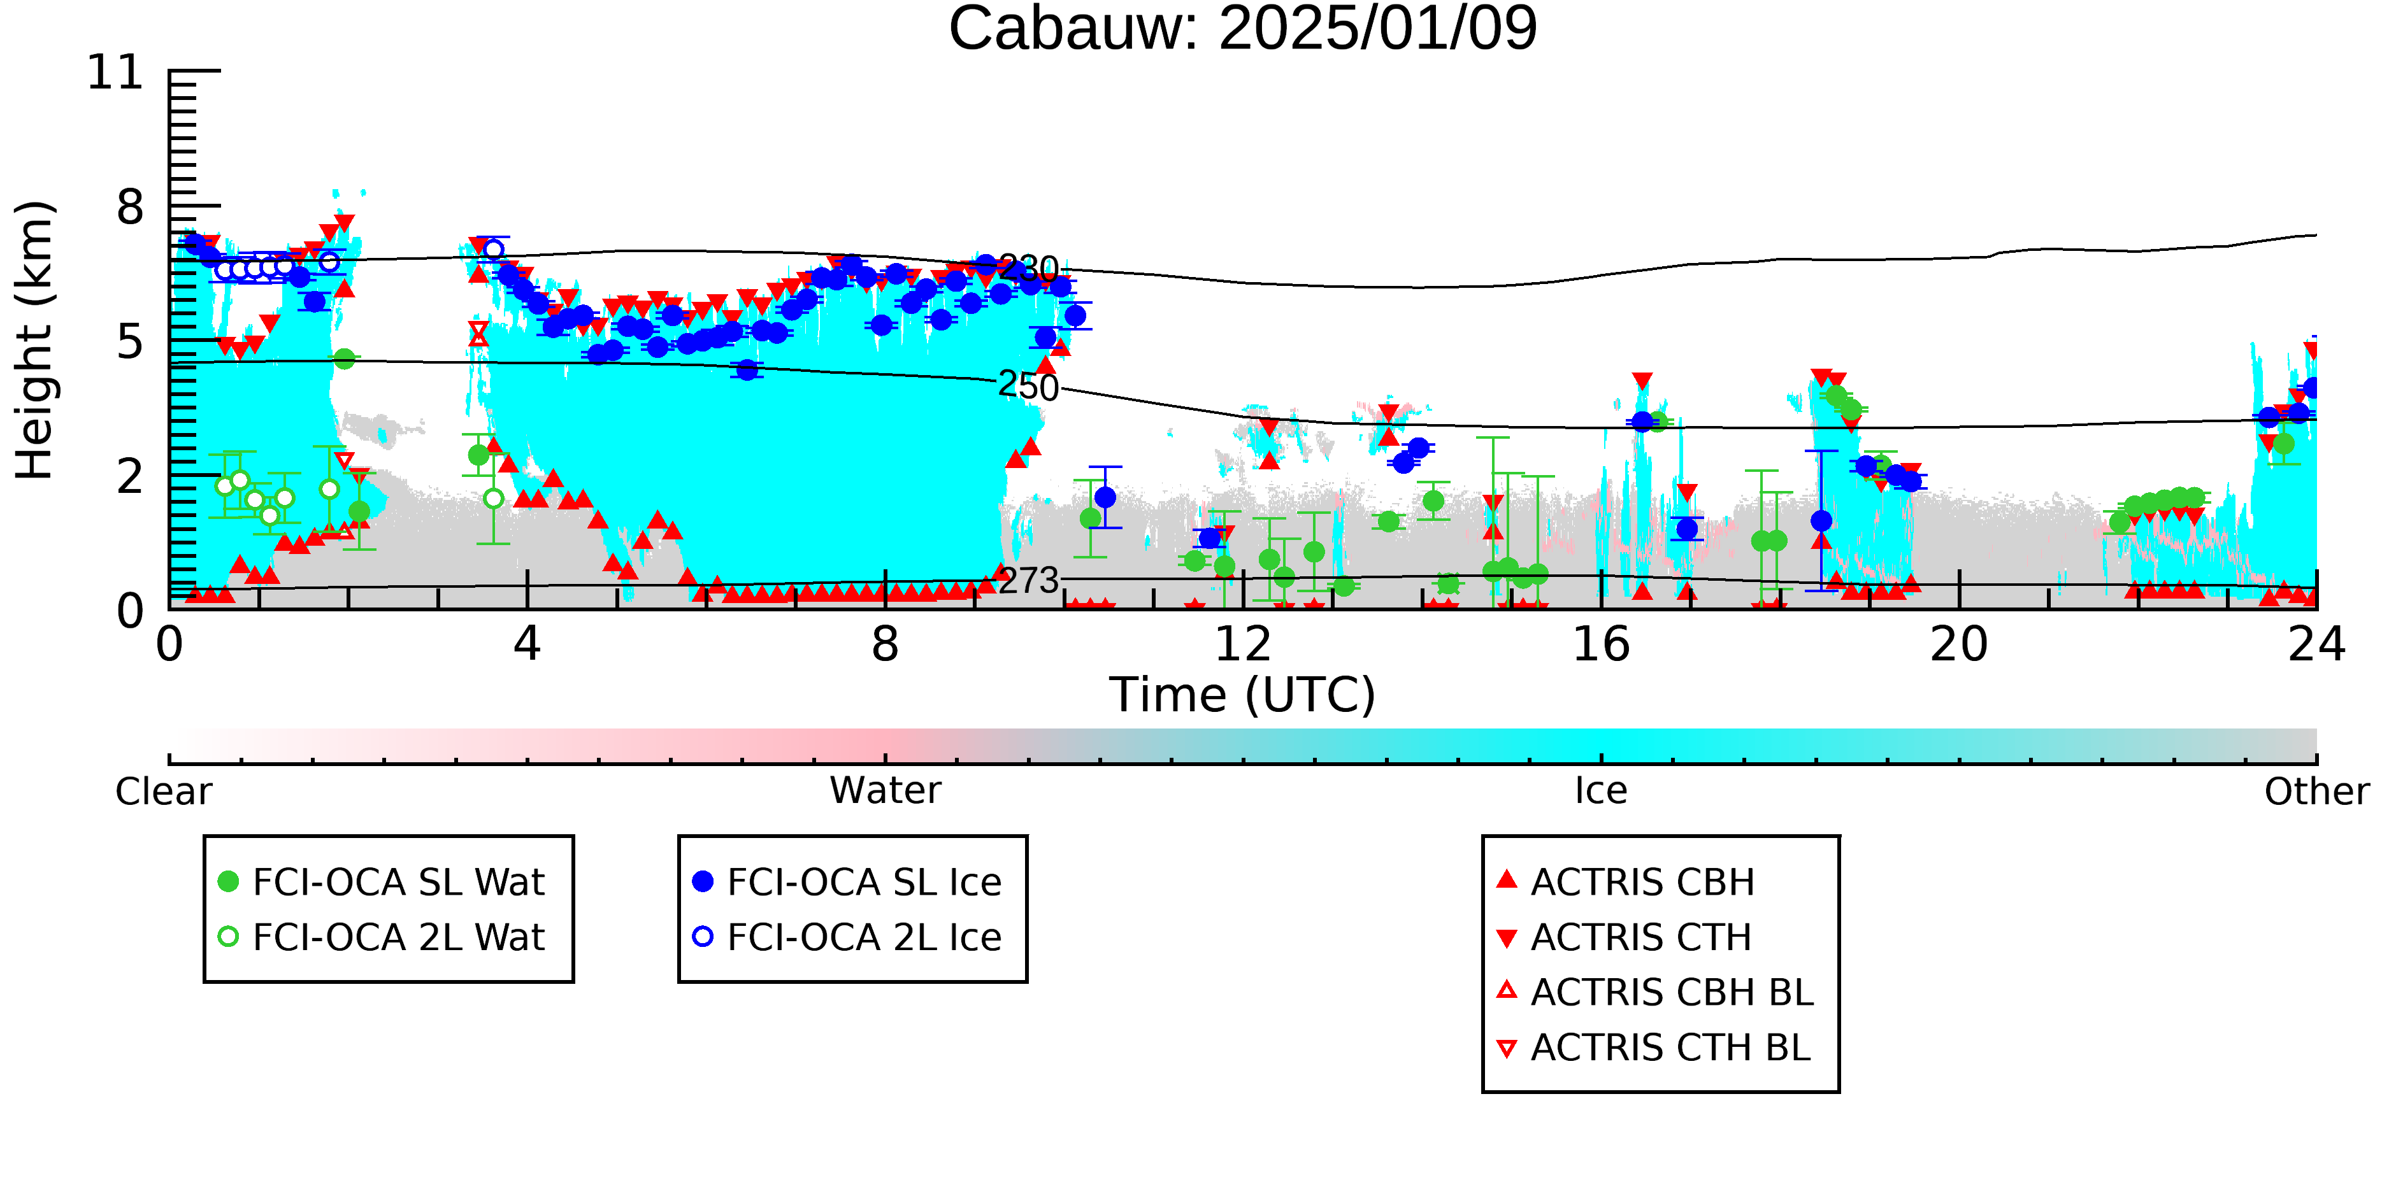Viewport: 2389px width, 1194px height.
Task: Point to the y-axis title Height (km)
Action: click(34, 340)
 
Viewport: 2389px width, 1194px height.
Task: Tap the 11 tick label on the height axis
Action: click(116, 73)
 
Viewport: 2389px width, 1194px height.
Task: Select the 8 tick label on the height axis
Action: click(131, 207)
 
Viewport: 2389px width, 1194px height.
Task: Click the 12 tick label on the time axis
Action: click(1243, 644)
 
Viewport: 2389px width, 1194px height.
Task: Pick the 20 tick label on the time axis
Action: click(1959, 644)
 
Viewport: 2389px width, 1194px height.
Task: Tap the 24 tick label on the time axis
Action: click(2316, 644)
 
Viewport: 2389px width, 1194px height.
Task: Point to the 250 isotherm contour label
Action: click(1028, 387)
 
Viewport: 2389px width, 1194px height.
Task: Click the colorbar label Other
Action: click(2316, 792)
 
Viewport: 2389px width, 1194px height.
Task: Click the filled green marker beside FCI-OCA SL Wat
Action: click(228, 881)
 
